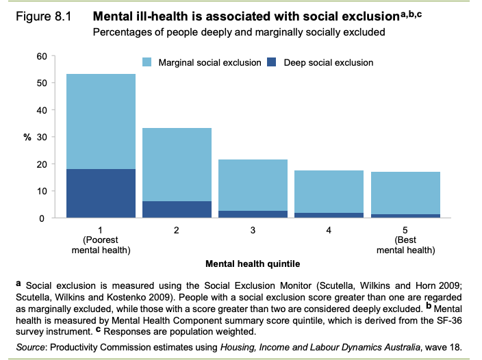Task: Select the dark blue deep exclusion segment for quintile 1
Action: pos(101,194)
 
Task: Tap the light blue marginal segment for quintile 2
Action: pos(177,164)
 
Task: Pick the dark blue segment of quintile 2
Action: pos(177,209)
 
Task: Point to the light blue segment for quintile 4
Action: pos(329,192)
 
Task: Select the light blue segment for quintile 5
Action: pos(405,193)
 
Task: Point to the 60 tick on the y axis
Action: pos(41,56)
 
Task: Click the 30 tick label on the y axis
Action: pos(41,137)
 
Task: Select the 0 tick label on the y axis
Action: pos(44,218)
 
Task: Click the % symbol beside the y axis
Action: pos(28,137)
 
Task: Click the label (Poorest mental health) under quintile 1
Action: pos(101,245)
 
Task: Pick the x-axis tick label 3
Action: pos(253,231)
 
